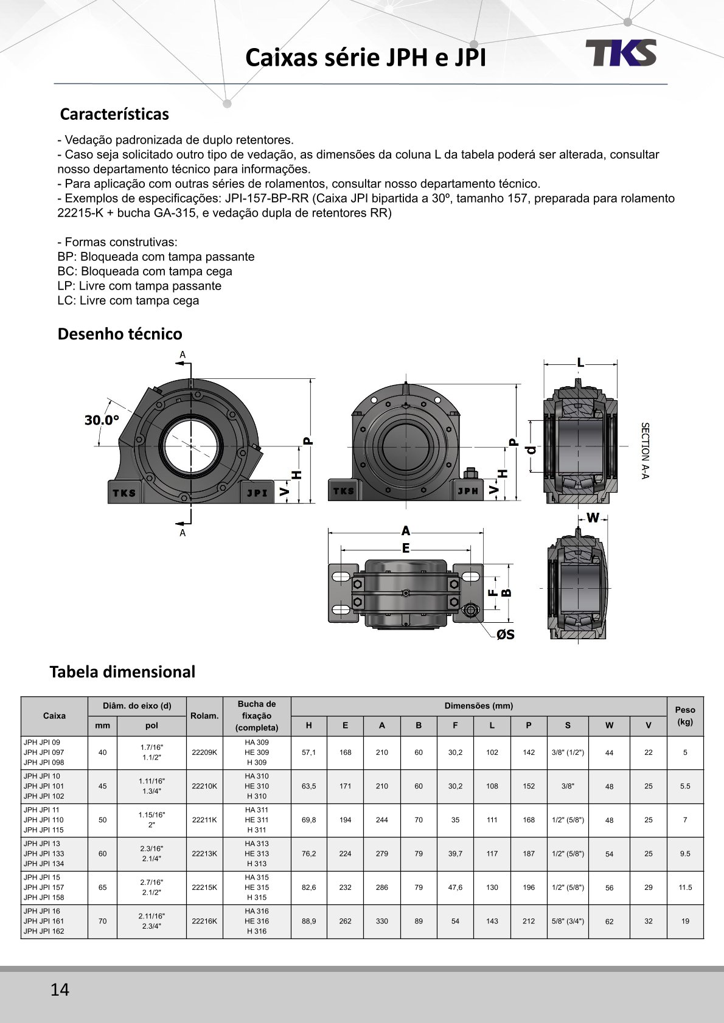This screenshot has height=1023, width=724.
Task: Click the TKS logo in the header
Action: point(621,53)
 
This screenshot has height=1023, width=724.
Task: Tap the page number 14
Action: point(60,990)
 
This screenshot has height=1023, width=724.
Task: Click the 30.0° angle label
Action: point(102,420)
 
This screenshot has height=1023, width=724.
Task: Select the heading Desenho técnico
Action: point(120,334)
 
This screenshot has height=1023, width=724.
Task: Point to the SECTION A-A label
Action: point(646,451)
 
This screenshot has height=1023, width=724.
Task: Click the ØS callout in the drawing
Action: point(505,634)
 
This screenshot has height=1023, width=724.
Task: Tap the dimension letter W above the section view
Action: point(593,518)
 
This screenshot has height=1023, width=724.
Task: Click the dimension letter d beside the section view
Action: point(532,449)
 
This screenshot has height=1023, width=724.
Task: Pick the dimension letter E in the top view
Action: point(406,549)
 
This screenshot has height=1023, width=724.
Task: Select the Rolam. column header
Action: point(204,716)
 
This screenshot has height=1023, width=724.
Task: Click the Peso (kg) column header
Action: point(685,716)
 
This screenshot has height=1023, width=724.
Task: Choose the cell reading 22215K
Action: point(204,887)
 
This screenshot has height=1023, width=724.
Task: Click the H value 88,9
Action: point(309,921)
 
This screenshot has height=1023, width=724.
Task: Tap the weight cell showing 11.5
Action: point(685,887)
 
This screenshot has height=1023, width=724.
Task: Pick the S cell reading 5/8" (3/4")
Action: point(568,921)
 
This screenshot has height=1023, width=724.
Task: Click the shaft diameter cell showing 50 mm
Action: point(102,820)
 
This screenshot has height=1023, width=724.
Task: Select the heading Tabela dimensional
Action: point(122,672)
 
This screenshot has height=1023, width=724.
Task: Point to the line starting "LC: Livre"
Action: point(128,300)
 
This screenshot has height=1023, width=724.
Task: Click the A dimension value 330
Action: point(382,921)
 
